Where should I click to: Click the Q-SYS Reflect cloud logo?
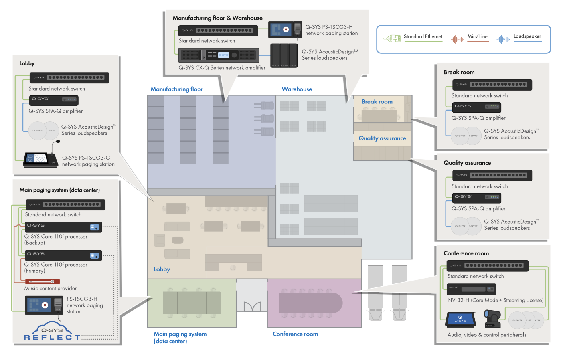coord(52,331)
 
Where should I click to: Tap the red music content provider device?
coord(43,281)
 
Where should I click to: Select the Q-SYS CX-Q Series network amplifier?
coord(219,55)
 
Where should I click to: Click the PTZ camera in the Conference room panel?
coord(492,319)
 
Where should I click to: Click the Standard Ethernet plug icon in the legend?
coord(392,39)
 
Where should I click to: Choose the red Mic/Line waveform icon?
coord(457,39)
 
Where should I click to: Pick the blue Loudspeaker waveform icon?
coord(503,39)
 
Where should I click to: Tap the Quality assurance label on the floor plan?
coord(382,138)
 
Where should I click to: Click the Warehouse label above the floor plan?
coord(297,89)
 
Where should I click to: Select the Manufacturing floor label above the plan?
coord(177,89)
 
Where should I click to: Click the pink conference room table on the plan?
coord(311,303)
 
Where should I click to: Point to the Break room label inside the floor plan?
coord(377,102)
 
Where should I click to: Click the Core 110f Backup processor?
coord(63,227)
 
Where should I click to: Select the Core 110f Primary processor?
coord(63,255)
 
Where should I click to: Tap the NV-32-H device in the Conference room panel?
coord(471,289)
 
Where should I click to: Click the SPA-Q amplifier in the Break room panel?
coord(476,107)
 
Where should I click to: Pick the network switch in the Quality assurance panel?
coord(492,176)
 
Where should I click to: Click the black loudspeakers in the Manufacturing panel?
coord(284,55)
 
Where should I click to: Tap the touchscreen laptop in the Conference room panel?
coord(460,320)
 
